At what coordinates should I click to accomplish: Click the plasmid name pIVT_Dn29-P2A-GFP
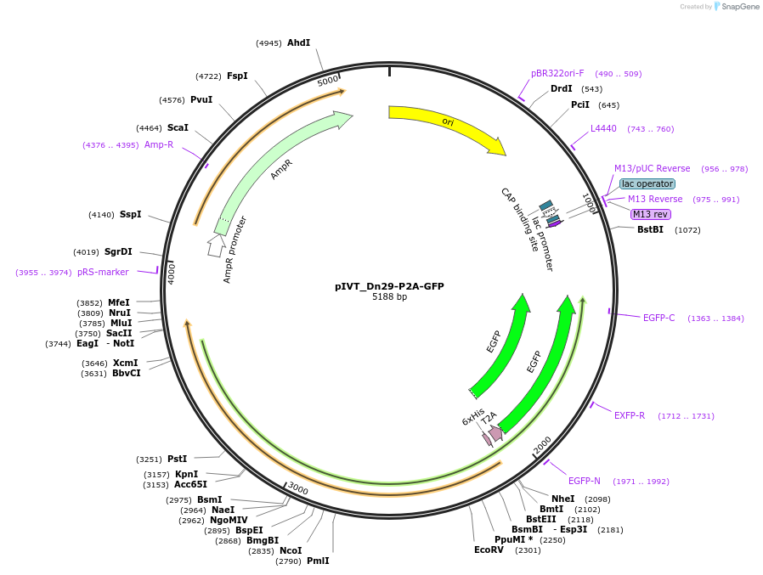(389, 286)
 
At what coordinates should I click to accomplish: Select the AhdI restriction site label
(298, 42)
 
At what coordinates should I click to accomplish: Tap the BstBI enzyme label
(650, 229)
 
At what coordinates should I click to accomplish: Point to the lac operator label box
(647, 183)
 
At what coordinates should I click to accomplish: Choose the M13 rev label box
(651, 214)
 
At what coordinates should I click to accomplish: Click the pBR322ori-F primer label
(557, 73)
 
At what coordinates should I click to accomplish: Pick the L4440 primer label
(603, 129)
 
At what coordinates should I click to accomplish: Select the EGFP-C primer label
(658, 318)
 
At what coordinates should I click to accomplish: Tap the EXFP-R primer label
(630, 415)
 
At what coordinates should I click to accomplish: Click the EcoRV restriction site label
(489, 550)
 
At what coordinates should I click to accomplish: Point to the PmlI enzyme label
(318, 561)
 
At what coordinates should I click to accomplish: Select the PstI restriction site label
(177, 459)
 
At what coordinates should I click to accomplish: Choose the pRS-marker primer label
(103, 272)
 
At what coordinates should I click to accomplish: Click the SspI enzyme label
(130, 214)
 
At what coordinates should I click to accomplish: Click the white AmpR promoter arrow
(216, 245)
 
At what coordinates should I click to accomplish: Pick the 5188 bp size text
(389, 297)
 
